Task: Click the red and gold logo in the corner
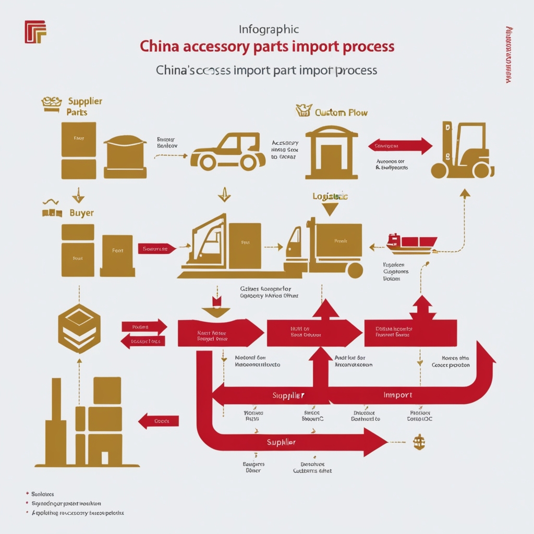click(35, 32)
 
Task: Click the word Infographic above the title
click(269, 30)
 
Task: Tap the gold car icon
click(227, 152)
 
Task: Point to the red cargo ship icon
click(411, 244)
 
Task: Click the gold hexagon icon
click(79, 329)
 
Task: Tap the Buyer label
click(81, 213)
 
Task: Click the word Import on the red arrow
click(398, 395)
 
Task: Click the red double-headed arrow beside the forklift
click(400, 146)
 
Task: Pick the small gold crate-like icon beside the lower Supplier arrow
click(418, 442)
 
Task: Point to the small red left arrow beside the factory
click(159, 421)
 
